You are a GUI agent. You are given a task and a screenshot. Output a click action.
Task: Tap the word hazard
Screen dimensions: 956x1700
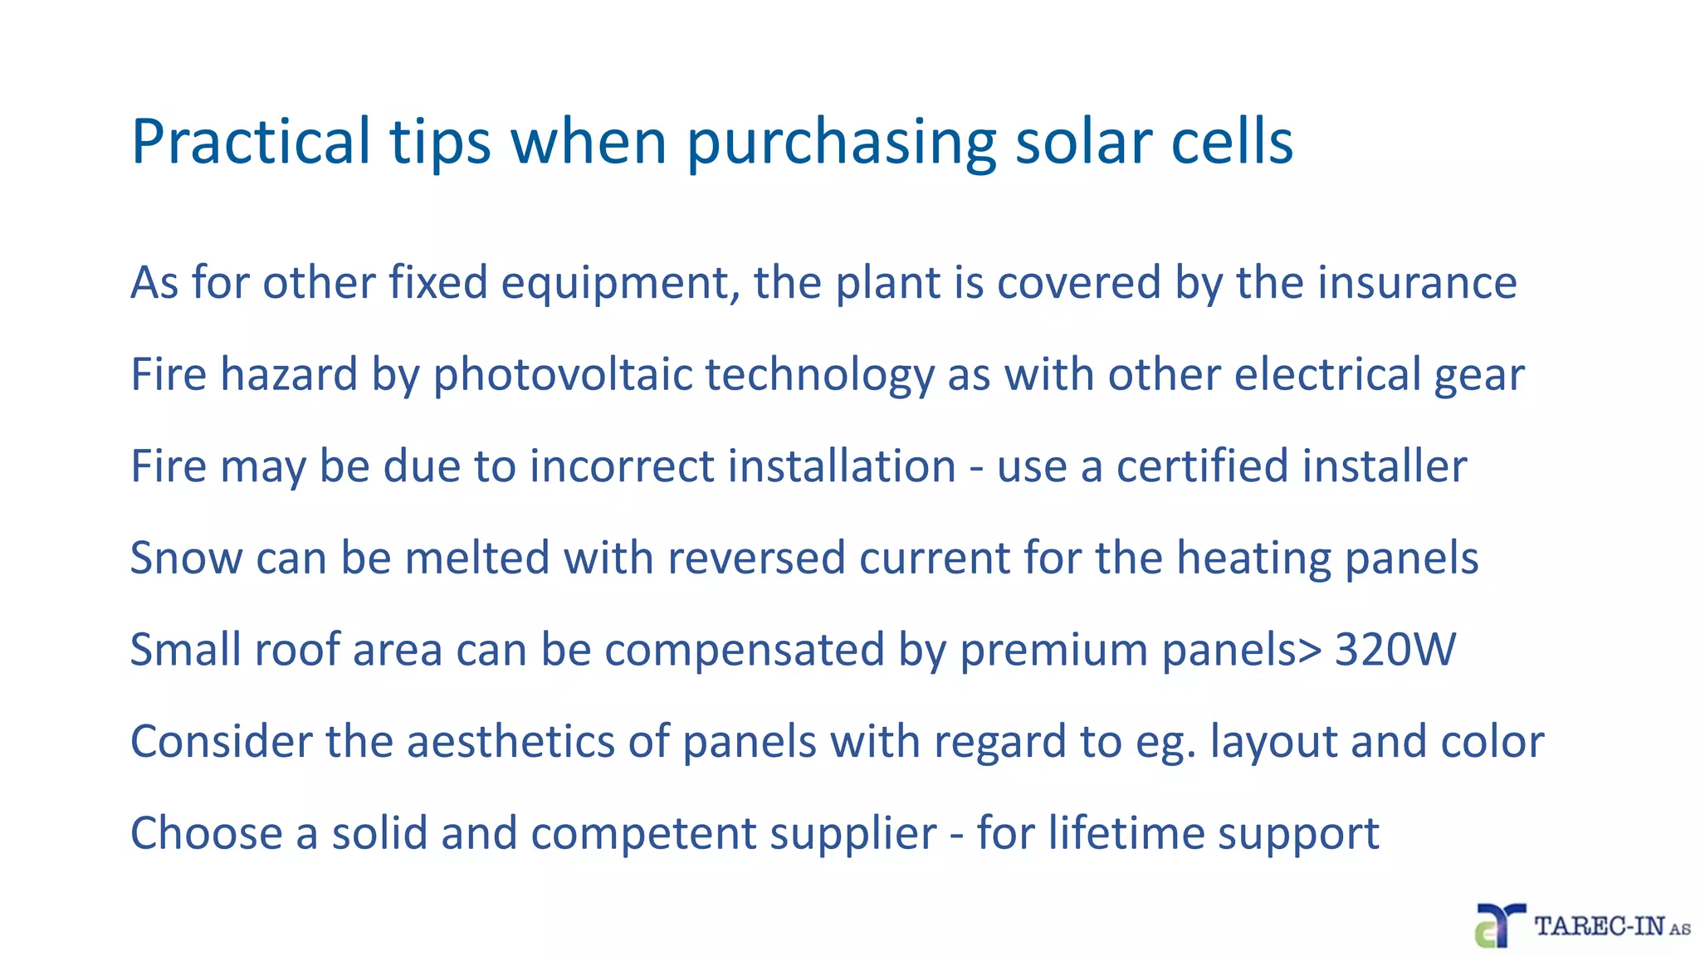[x=289, y=374]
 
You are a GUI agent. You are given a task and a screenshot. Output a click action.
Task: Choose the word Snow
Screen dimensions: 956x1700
[x=186, y=558]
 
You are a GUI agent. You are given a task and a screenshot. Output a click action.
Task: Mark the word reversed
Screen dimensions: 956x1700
[x=756, y=558]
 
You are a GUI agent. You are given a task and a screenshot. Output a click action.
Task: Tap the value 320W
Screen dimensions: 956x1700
[x=1395, y=649]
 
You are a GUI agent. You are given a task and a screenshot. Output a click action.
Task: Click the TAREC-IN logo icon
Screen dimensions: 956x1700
[x=1499, y=925]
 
